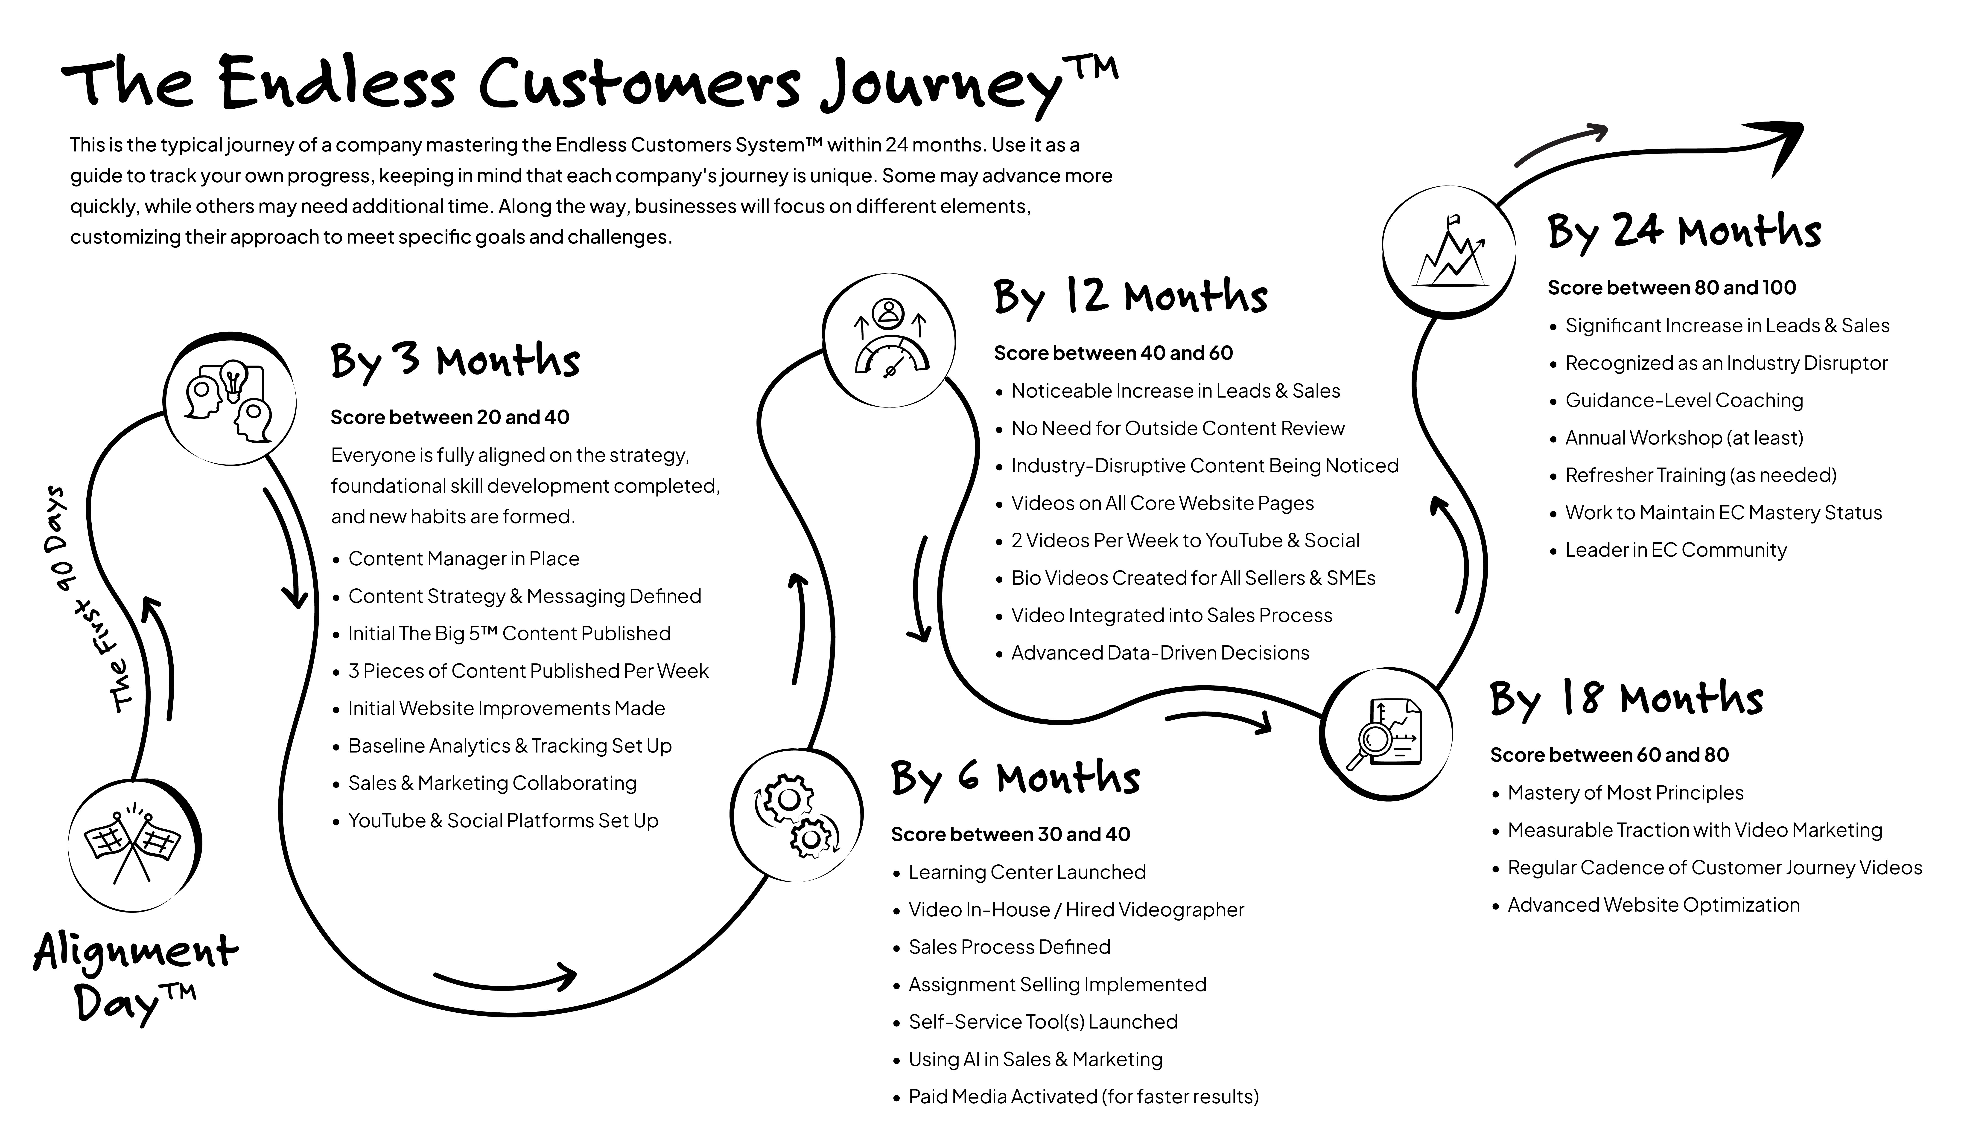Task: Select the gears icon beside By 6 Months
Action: click(x=796, y=816)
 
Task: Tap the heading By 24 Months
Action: click(x=1684, y=232)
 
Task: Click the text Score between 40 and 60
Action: click(x=1113, y=353)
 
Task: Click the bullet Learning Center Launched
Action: click(x=1026, y=872)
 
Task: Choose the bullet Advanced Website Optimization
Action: click(x=1653, y=905)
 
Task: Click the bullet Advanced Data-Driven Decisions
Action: click(x=1160, y=653)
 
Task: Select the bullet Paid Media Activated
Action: click(x=1083, y=1097)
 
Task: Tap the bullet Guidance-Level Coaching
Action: click(x=1684, y=400)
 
